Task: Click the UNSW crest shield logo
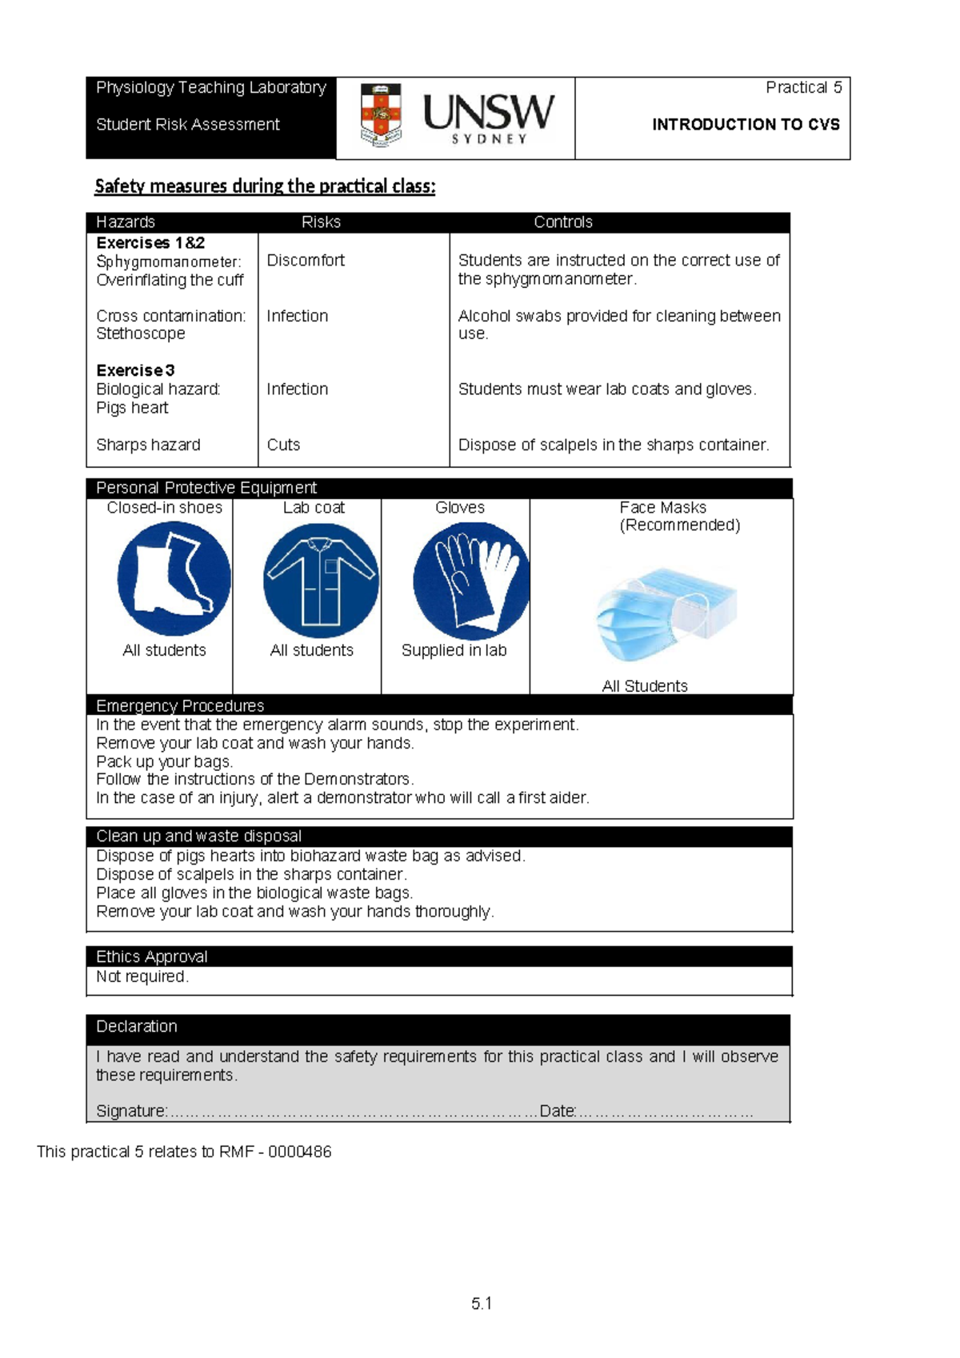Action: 381,116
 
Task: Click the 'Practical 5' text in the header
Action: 803,87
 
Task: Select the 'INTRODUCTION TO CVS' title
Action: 746,124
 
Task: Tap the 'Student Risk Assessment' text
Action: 187,124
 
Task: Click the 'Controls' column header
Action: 563,222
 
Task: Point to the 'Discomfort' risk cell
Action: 306,260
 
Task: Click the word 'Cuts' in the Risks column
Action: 283,445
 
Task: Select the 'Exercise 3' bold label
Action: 135,370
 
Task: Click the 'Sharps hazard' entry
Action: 148,445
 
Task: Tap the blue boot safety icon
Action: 174,578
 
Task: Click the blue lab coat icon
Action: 321,581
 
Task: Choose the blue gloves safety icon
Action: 471,581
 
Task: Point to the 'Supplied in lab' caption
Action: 454,650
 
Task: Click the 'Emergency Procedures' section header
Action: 180,705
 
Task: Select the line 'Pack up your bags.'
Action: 164,761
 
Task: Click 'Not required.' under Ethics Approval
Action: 142,977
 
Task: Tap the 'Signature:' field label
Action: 131,1111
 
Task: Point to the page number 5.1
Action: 482,1304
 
